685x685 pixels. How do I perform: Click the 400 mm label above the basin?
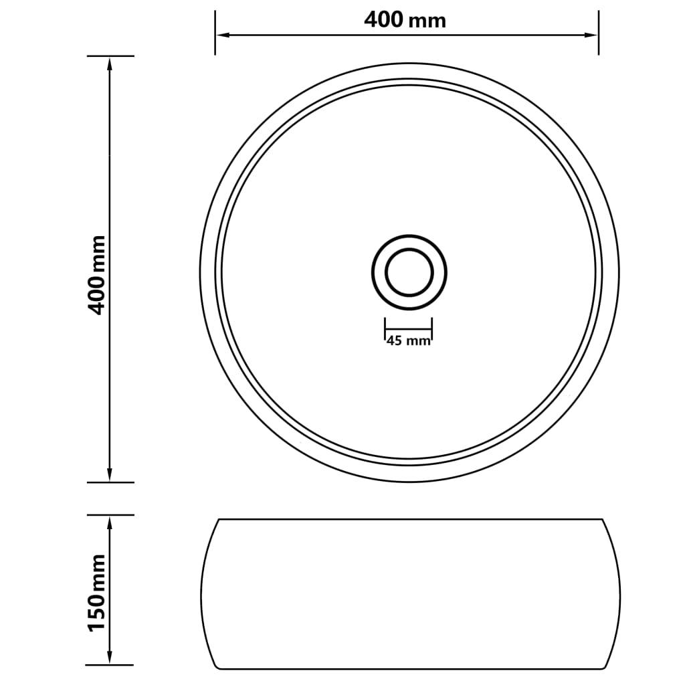[405, 20]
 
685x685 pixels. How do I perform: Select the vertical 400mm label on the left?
[98, 274]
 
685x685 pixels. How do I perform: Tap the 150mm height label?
[98, 591]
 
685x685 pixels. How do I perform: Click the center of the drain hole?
[409, 272]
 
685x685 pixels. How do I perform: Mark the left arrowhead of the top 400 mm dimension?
[221, 34]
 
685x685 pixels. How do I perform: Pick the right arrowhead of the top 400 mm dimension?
[591, 34]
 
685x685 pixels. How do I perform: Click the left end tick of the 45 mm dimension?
[385, 329]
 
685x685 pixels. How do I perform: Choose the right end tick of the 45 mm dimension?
[433, 329]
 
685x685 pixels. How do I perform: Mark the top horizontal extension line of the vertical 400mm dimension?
[110, 56]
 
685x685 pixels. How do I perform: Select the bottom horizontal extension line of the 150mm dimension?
[110, 665]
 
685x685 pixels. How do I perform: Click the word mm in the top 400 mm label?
[427, 21]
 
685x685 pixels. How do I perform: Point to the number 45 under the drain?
[395, 341]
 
